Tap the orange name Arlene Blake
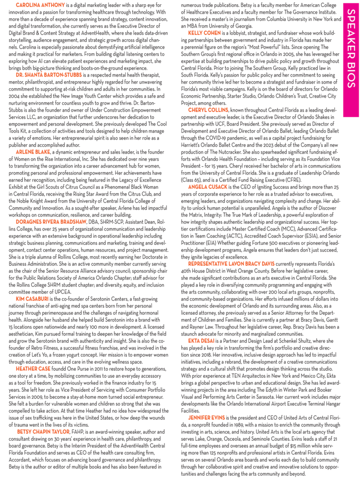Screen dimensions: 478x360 click(33, 152)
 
